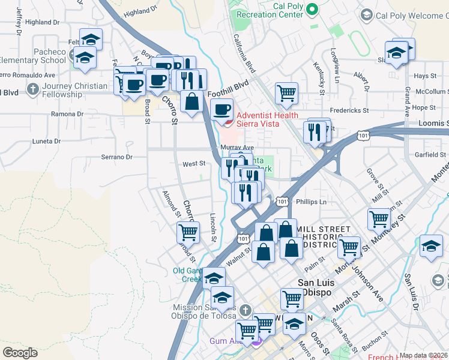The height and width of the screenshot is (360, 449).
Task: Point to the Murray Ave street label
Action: coord(238,147)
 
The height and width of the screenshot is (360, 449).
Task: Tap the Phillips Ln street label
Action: coord(311,202)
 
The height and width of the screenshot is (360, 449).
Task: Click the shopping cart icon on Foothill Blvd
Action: coord(287,94)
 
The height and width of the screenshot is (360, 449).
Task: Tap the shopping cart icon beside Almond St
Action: coord(188,232)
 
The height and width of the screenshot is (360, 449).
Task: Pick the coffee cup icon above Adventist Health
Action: coord(223,109)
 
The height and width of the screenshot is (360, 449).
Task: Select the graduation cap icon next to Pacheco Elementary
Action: coord(85,58)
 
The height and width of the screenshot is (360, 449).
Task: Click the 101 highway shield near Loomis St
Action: coord(363,136)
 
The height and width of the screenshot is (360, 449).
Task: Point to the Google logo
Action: coord(20,353)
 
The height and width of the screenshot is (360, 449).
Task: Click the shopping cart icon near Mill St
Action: coord(379,219)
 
